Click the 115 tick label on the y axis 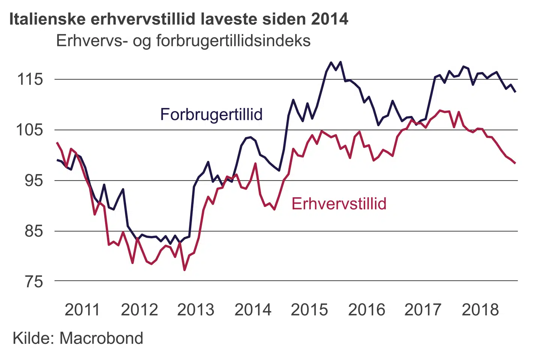(x=30, y=79)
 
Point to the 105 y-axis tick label (x=30, y=130)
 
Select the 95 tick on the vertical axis (x=34, y=181)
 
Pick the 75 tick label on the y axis (x=34, y=282)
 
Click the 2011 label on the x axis (x=82, y=310)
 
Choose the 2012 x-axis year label (x=139, y=310)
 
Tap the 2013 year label (x=195, y=310)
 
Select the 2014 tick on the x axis (x=253, y=310)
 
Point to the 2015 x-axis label (x=309, y=310)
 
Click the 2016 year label (x=366, y=310)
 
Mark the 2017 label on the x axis (x=423, y=310)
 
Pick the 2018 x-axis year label (x=480, y=310)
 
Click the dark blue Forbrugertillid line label (x=211, y=115)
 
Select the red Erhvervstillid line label (x=339, y=204)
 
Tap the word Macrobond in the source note (x=101, y=338)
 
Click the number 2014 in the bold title (x=329, y=19)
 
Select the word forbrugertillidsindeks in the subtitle (x=233, y=41)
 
